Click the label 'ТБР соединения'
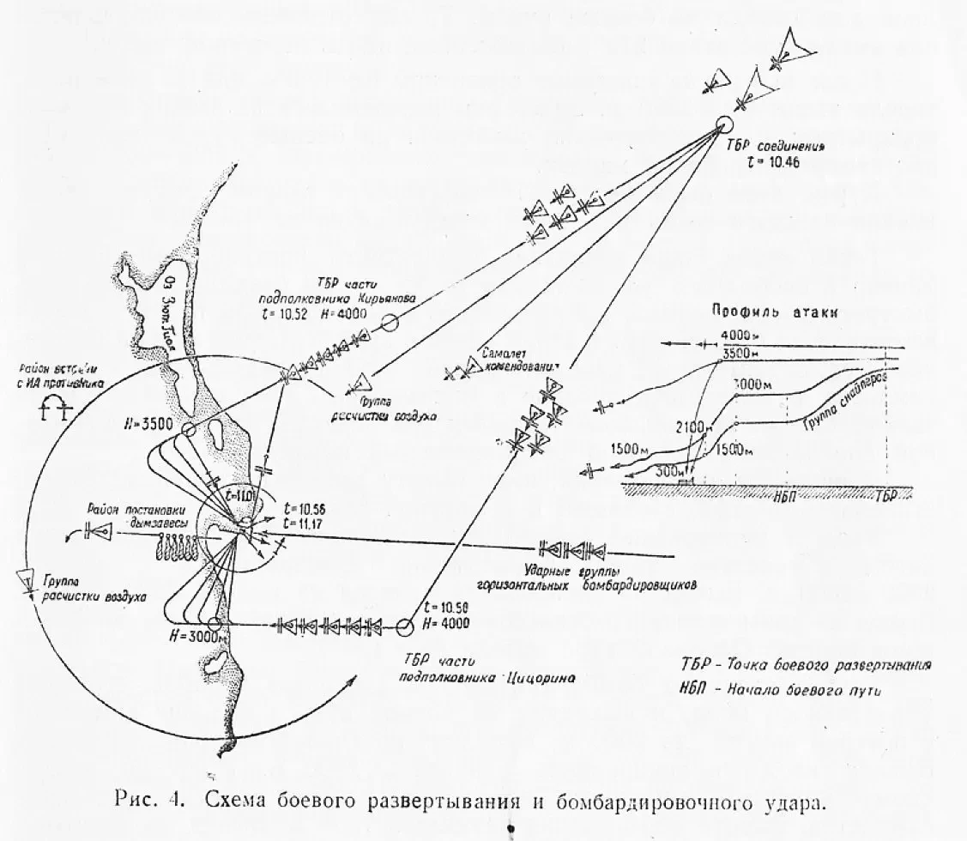pos(783,147)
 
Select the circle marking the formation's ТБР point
pos(722,126)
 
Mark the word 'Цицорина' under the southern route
pos(539,677)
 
